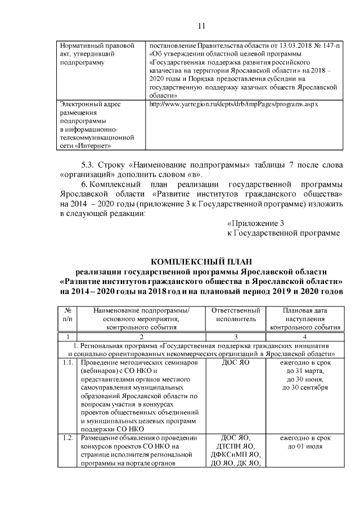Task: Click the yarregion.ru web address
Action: [229, 105]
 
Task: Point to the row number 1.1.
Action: [68, 363]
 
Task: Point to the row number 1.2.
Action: [68, 439]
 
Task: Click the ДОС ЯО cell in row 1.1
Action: [235, 363]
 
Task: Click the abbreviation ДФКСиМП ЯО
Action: [235, 455]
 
